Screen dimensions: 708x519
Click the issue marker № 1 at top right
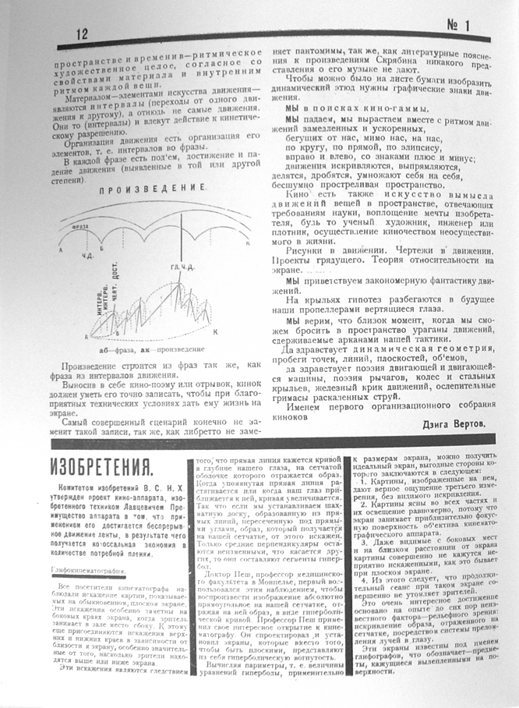click(455, 27)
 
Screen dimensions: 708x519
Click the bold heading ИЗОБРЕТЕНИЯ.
click(101, 468)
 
